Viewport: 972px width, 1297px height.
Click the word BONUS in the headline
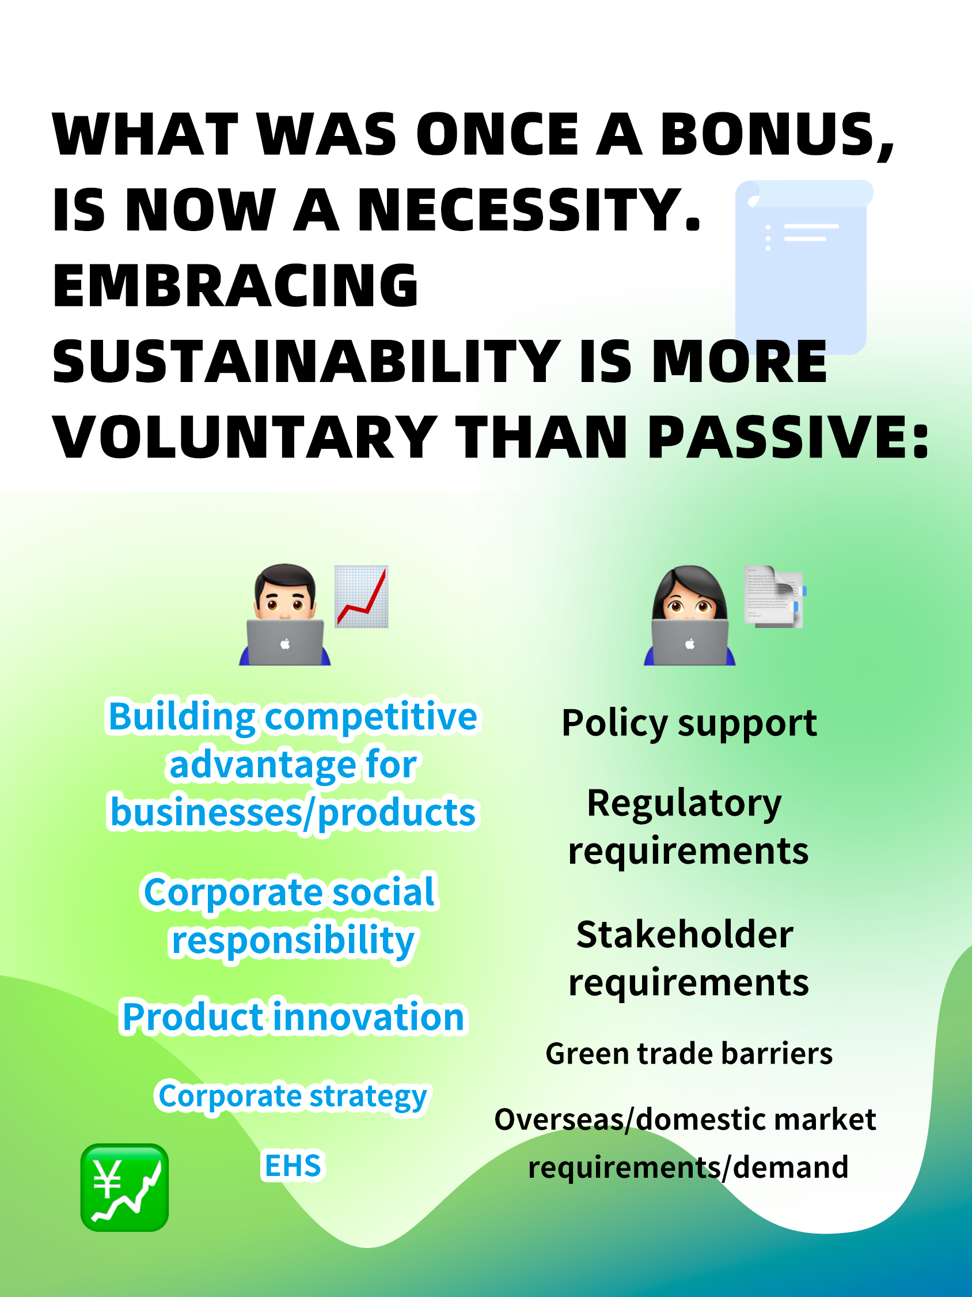[x=777, y=136]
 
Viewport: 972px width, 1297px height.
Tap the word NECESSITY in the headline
[x=529, y=210]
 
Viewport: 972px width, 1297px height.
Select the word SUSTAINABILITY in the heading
[x=306, y=362]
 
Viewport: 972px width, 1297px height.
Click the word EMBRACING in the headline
[x=236, y=286]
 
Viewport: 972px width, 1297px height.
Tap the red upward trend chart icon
[x=362, y=596]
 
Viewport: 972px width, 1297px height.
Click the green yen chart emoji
[x=124, y=1188]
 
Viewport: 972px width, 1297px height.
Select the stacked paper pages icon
[x=774, y=596]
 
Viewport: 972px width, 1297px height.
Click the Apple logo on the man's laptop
[x=284, y=644]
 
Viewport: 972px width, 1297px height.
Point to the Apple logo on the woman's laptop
[x=690, y=644]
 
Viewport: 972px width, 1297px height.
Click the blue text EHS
[x=293, y=1165]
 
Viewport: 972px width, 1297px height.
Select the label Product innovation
[x=294, y=1016]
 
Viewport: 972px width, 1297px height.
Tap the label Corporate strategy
[x=293, y=1096]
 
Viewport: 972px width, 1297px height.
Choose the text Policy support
[x=689, y=724]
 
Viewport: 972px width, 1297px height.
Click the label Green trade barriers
[x=689, y=1053]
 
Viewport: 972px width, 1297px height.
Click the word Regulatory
[x=684, y=803]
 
